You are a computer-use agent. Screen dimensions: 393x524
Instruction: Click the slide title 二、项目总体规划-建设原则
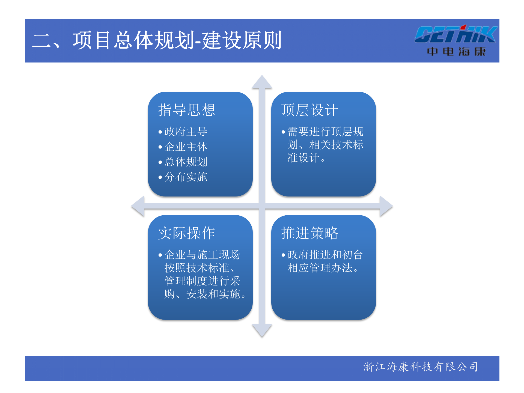point(157,40)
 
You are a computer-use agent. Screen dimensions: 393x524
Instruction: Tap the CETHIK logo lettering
point(455,35)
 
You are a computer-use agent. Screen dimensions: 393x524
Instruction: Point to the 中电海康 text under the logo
point(456,51)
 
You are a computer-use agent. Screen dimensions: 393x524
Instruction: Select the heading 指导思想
point(187,110)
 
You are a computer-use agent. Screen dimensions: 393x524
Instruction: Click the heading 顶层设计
point(309,110)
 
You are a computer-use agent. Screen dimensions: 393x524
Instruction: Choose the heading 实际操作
point(187,233)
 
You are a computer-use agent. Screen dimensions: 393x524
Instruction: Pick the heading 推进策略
point(309,233)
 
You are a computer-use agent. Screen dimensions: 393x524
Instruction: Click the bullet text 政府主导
point(186,132)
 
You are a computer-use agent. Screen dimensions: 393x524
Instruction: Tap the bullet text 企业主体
point(186,147)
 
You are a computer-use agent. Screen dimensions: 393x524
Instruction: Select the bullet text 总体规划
point(186,162)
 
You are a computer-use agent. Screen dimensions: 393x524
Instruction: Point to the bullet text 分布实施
point(186,177)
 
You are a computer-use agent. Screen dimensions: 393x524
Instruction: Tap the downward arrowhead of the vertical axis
point(262,330)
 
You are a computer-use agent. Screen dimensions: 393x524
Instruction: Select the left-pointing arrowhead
point(138,206)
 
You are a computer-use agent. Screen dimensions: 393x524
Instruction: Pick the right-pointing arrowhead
point(386,206)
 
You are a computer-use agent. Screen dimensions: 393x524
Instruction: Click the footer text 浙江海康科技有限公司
point(421,367)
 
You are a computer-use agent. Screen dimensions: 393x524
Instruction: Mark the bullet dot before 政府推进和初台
point(283,255)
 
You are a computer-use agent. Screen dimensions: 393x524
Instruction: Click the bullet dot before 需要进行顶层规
point(283,132)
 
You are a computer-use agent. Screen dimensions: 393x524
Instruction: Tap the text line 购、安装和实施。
point(205,294)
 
